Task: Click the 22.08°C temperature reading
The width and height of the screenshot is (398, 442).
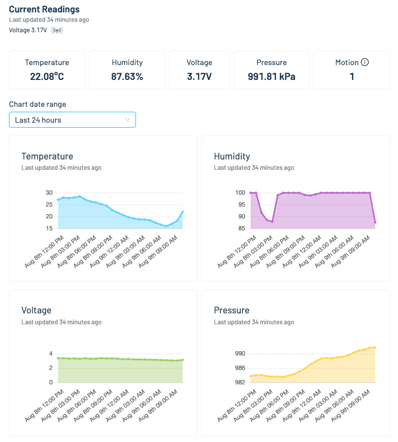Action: pyautogui.click(x=47, y=76)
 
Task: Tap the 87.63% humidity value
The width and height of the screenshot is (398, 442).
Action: pyautogui.click(x=127, y=76)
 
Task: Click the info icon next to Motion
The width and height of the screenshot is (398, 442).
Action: pyautogui.click(x=365, y=63)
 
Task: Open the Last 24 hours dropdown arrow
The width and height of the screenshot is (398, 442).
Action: pyautogui.click(x=128, y=120)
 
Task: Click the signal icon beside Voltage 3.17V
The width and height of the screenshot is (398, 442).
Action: pyautogui.click(x=57, y=30)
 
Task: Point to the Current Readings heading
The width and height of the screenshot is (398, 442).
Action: pyautogui.click(x=44, y=9)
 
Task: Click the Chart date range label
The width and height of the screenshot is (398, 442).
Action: pyautogui.click(x=37, y=104)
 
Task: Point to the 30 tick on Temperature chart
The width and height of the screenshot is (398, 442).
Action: pyautogui.click(x=49, y=193)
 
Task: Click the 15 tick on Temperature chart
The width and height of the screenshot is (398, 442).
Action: pyautogui.click(x=49, y=228)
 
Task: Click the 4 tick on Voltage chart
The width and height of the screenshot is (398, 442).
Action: pyautogui.click(x=51, y=354)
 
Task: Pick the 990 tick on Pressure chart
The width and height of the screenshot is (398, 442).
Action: pyautogui.click(x=240, y=354)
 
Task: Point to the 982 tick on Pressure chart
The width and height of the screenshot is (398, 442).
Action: pyautogui.click(x=240, y=382)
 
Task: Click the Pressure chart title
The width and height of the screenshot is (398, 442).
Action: pyautogui.click(x=231, y=310)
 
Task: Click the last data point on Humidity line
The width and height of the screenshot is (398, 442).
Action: pyautogui.click(x=375, y=222)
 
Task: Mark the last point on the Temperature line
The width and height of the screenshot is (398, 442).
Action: pyautogui.click(x=183, y=212)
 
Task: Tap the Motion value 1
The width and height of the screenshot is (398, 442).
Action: pyautogui.click(x=352, y=76)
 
